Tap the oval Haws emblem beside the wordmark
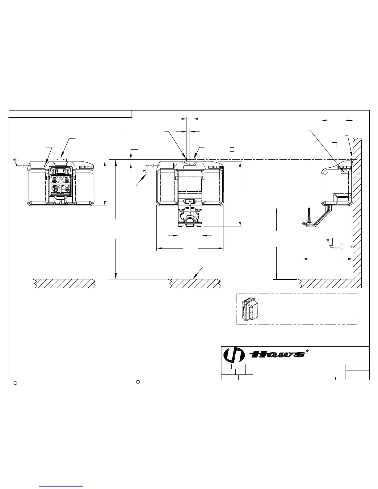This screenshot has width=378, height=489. pos(234,355)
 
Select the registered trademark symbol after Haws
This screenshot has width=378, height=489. pos(307,351)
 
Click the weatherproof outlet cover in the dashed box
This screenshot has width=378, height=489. pos(250,308)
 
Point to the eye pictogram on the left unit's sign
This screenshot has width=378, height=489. pos(61,179)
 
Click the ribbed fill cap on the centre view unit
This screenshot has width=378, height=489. pos(216,167)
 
